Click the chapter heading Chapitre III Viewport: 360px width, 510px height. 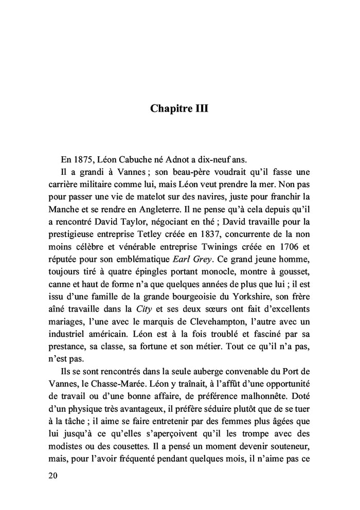tap(179, 108)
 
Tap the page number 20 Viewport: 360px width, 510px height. tap(52, 475)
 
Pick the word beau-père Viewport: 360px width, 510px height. tap(184, 173)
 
